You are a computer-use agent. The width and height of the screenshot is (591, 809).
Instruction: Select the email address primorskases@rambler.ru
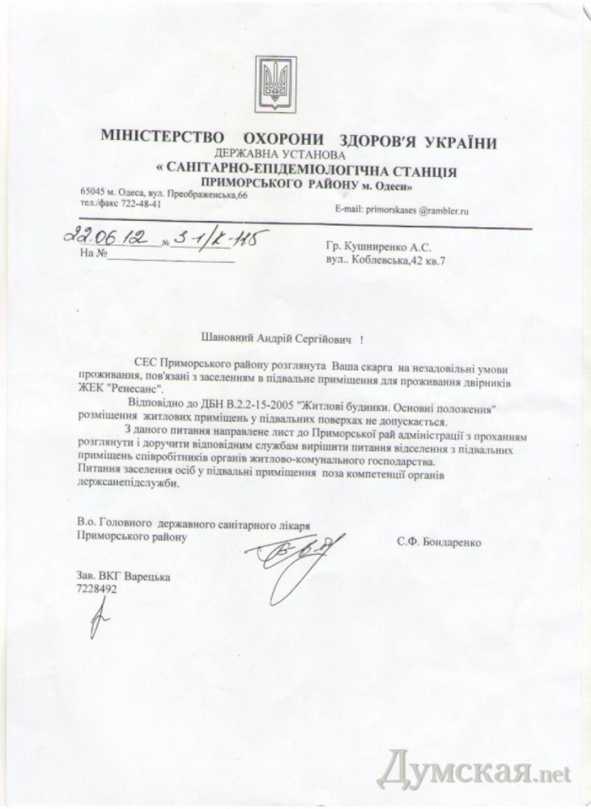[x=411, y=210]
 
